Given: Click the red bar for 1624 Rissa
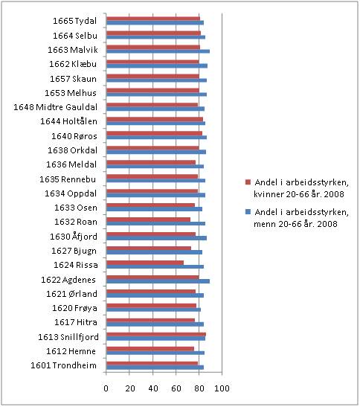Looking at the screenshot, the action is [x=145, y=263].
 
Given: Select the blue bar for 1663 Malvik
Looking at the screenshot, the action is [x=158, y=51].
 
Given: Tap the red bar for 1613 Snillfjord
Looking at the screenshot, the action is [x=156, y=334].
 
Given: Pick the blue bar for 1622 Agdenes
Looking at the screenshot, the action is [x=158, y=281].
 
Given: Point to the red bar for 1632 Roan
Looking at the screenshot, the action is [x=149, y=219].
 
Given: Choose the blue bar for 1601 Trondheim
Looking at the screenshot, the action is [x=155, y=368].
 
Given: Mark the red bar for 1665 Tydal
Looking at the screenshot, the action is [x=153, y=19].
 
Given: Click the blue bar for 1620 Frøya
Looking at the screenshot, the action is [x=154, y=310].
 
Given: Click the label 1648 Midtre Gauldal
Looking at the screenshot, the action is [x=56, y=107].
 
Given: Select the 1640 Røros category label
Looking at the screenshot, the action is [x=74, y=136].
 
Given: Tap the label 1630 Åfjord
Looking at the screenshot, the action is [x=74, y=237].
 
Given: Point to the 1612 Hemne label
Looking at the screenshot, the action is [x=71, y=351].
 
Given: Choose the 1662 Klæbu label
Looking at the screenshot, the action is [x=73, y=64].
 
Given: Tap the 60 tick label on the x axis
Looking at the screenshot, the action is [x=176, y=388].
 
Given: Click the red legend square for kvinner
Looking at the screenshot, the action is [x=248, y=182].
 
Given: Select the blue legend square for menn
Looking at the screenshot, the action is [x=248, y=212].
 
